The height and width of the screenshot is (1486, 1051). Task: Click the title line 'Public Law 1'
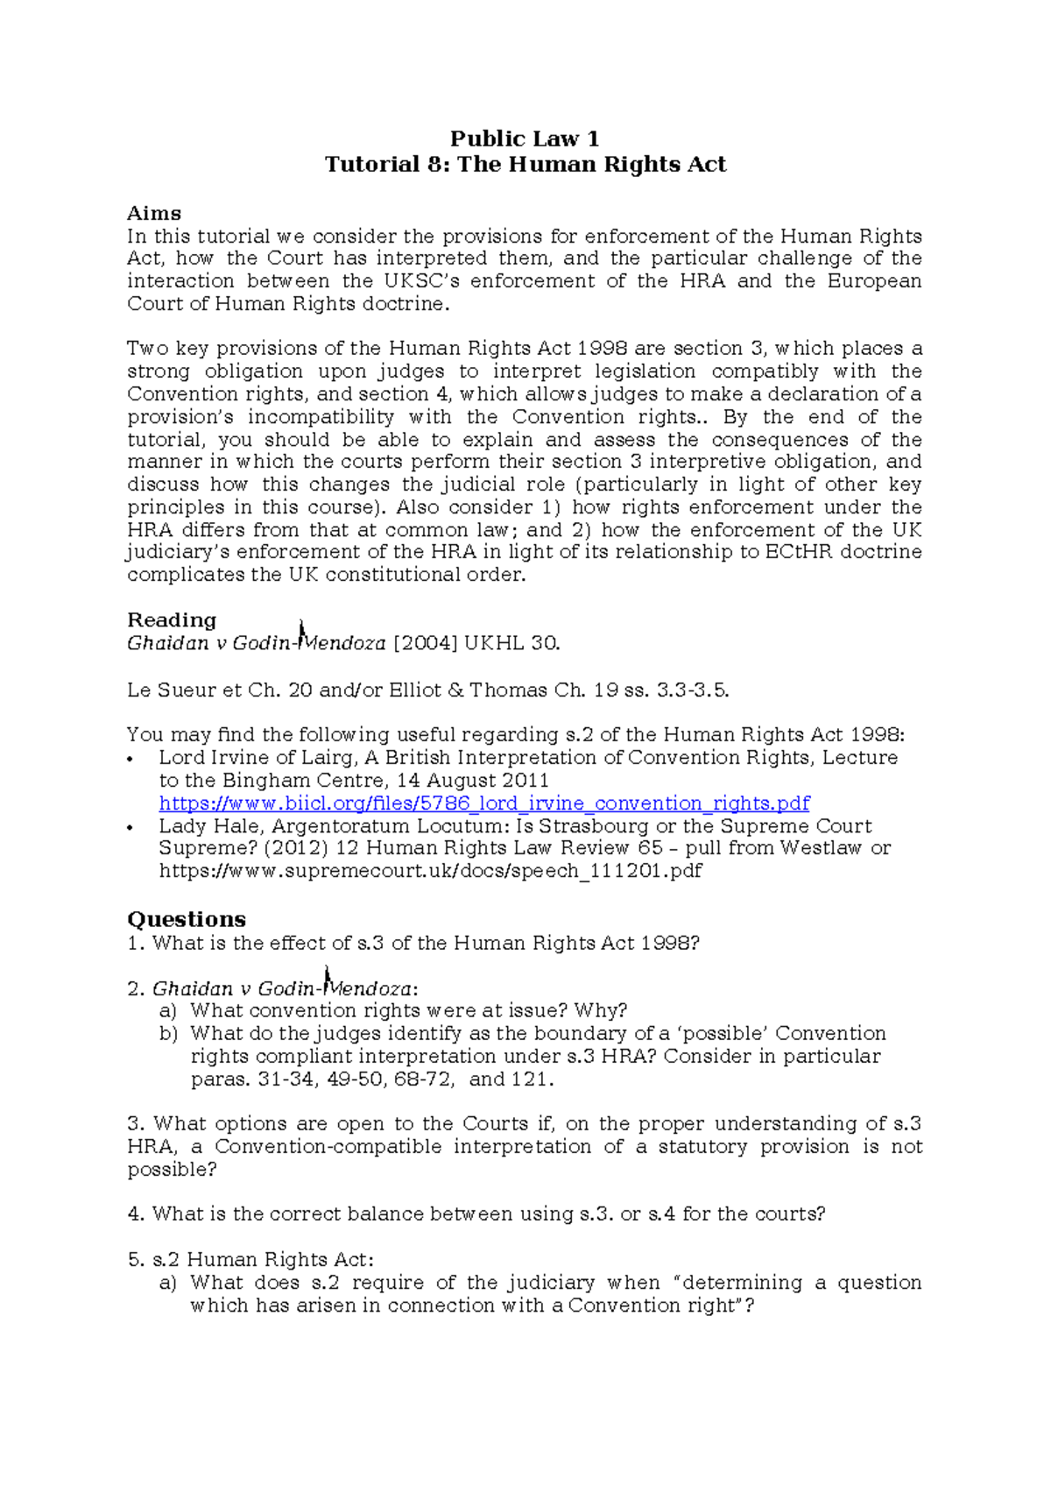(x=525, y=138)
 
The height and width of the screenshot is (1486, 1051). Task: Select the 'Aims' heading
(x=154, y=213)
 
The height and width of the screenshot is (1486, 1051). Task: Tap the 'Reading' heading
(x=172, y=620)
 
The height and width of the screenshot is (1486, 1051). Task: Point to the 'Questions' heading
(x=187, y=919)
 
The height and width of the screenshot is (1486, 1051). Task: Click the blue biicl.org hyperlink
(x=483, y=803)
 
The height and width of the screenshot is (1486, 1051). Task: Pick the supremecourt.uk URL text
(x=430, y=871)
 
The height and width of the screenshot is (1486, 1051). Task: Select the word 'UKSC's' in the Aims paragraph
(x=421, y=281)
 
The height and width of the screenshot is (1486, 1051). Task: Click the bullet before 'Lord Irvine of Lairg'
(x=130, y=759)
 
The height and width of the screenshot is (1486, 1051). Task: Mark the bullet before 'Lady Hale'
(x=130, y=827)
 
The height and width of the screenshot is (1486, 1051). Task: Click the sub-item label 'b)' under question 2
(x=168, y=1034)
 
